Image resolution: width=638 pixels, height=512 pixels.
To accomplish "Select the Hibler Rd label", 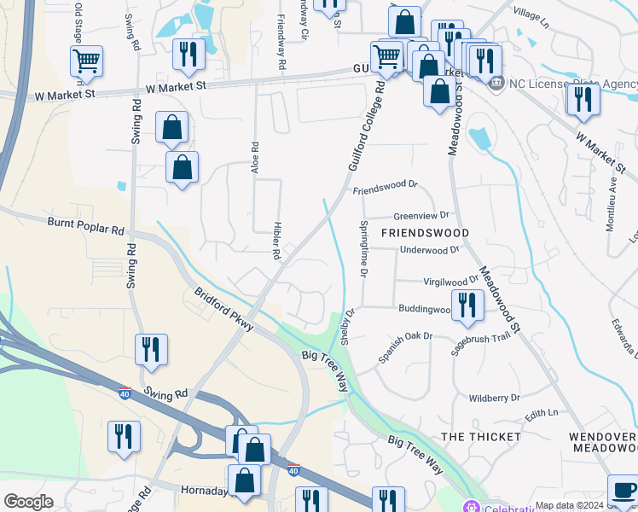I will [276, 241].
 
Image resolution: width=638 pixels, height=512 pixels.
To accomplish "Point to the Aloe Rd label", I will [254, 158].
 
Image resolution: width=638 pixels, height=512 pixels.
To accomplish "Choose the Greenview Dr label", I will [420, 217].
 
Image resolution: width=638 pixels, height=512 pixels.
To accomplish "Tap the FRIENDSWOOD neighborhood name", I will [425, 233].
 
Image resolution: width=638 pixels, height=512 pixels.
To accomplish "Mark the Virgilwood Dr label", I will [451, 281].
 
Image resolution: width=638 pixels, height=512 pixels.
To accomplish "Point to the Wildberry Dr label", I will [495, 398].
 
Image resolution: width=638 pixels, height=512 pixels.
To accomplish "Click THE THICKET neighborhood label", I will [481, 436].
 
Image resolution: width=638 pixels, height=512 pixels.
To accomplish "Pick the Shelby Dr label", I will [347, 327].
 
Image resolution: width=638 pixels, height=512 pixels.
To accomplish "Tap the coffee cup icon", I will [623, 491].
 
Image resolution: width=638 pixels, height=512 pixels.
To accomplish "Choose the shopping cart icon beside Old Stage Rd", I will [86, 61].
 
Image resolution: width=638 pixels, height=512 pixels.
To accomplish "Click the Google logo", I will [29, 501].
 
